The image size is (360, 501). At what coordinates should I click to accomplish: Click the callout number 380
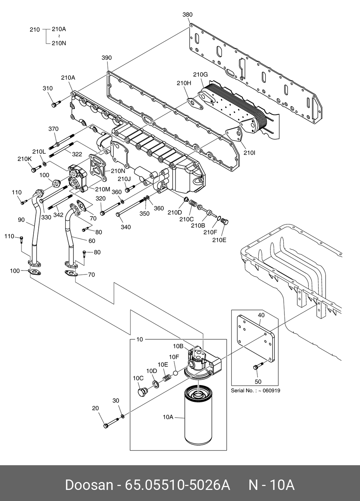coord(187,15)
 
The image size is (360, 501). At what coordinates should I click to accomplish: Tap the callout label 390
coord(107,58)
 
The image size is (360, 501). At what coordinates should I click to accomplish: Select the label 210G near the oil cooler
coord(200,74)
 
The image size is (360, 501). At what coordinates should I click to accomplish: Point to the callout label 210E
coord(219,240)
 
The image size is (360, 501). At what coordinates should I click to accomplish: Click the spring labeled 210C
coord(193,203)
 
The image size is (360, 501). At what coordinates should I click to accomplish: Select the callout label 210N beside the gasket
coord(118,171)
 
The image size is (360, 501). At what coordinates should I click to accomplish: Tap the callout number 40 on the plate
coord(261,315)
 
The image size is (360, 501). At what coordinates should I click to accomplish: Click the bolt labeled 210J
coord(130,188)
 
